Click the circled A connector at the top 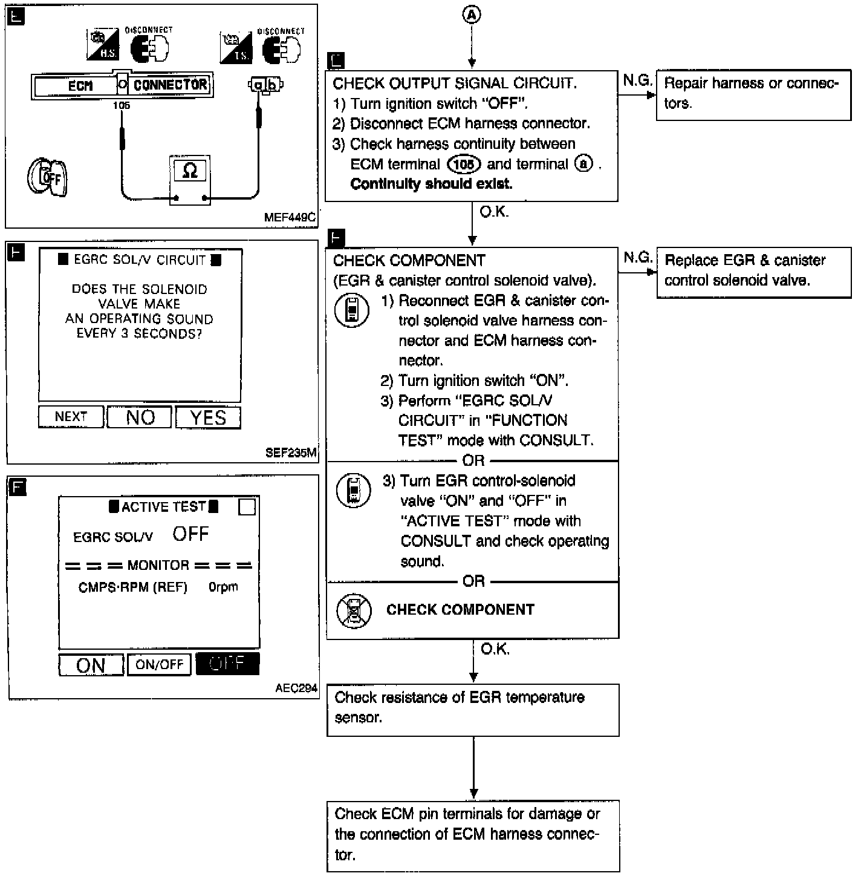coord(472,15)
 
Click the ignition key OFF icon coord(47,178)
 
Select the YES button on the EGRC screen coord(208,417)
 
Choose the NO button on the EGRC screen coord(140,417)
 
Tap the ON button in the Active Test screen coord(91,665)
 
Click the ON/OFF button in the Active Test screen coord(159,664)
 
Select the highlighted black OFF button coord(227,664)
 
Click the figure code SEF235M coord(291,453)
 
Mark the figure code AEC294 coord(296,688)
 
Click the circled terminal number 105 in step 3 coord(464,164)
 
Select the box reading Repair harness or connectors coord(753,94)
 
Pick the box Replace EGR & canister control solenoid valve coord(753,271)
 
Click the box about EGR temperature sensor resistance coord(473,709)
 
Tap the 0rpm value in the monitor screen coord(223,587)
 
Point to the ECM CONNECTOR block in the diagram coord(121,85)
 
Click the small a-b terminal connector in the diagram coord(265,85)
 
